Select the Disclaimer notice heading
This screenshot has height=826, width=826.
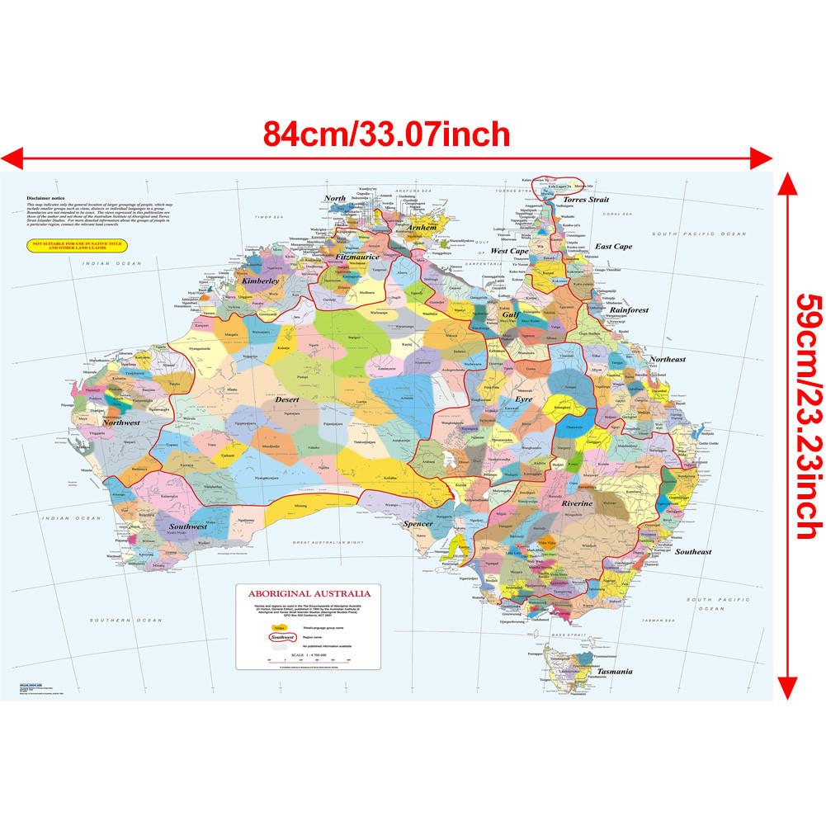click(45, 199)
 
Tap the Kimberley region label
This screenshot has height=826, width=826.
click(262, 281)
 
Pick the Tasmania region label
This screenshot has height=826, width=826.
click(614, 671)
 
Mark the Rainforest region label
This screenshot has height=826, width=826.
click(629, 310)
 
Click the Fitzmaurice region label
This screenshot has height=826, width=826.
click(357, 257)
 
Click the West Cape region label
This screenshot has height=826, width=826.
click(509, 251)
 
